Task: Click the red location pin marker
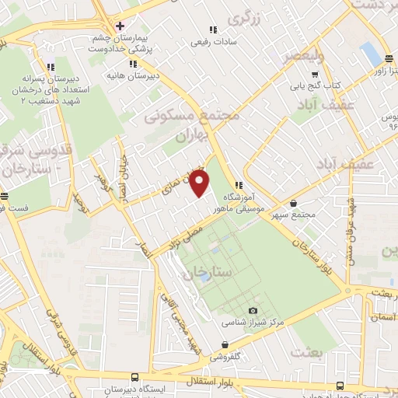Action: [x=200, y=184]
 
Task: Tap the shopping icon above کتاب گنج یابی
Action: [x=315, y=75]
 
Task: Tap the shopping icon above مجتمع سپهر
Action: [x=292, y=203]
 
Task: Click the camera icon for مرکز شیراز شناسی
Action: [x=253, y=311]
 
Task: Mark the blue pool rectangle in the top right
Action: [x=372, y=54]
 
